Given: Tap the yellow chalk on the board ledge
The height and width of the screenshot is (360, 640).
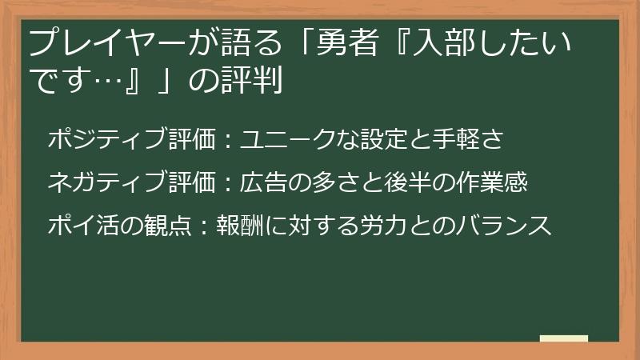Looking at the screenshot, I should coord(563,338).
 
